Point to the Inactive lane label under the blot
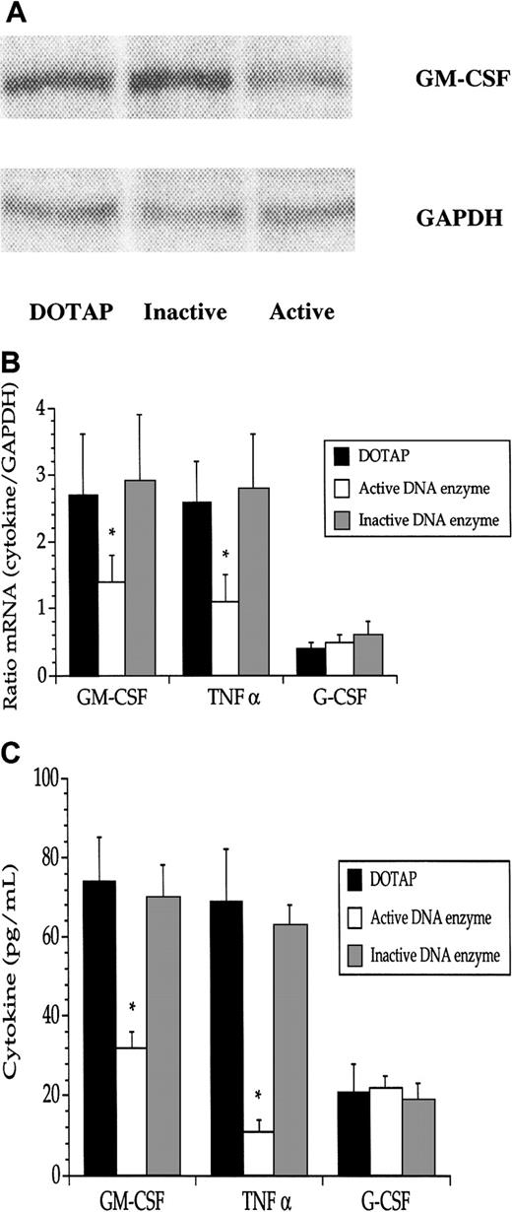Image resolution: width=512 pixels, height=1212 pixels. pyautogui.click(x=185, y=312)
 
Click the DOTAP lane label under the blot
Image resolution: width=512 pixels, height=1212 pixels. pyautogui.click(x=68, y=312)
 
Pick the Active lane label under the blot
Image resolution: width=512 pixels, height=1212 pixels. pyautogui.click(x=301, y=312)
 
